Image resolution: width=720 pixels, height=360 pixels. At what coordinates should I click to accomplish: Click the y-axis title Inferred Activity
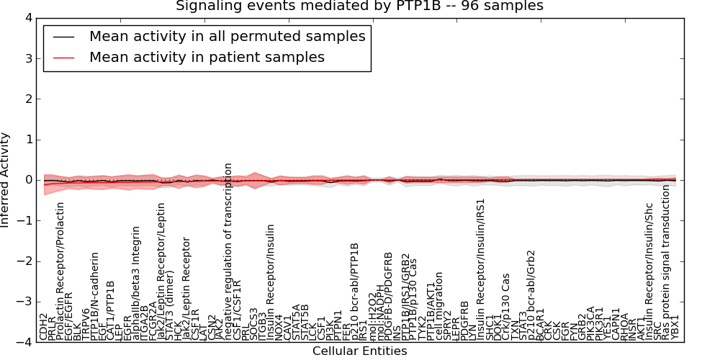(6, 180)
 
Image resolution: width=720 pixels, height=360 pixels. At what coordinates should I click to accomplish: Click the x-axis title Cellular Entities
(359, 351)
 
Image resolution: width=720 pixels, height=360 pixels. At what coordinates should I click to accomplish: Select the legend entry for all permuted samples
(227, 36)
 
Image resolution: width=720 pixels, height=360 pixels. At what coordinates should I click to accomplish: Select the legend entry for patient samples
(207, 57)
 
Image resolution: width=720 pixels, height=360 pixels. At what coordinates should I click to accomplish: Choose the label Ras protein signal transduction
(666, 262)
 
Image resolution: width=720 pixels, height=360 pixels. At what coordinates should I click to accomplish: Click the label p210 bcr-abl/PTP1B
(355, 282)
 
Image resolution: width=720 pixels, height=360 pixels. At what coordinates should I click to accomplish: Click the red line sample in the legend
(63, 57)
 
